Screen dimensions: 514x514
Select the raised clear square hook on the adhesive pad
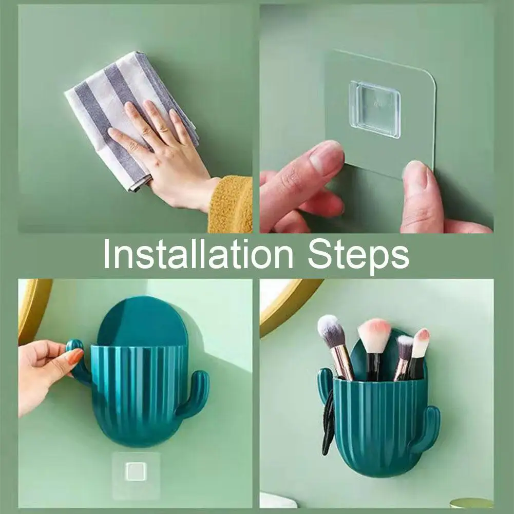pyautogui.click(x=375, y=110)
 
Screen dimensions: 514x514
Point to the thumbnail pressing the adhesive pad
pyautogui.click(x=416, y=172)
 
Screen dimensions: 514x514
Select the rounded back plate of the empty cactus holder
pyautogui.click(x=142, y=322)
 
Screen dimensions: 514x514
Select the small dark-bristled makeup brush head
pyautogui.click(x=405, y=348)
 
